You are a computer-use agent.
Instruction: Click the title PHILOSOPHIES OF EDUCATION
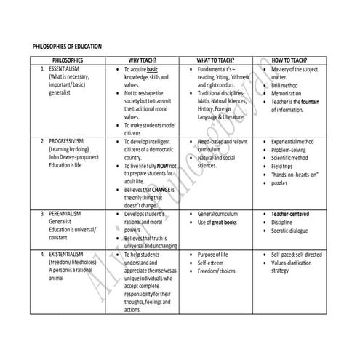coord(68,47)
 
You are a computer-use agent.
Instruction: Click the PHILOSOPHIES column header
coord(68,60)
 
